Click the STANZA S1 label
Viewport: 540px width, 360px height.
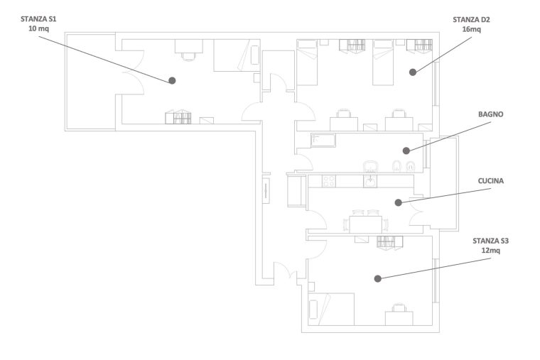click(38, 19)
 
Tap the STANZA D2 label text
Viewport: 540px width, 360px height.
click(471, 20)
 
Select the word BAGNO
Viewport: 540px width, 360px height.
click(491, 114)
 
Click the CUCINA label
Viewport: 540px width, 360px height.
click(491, 181)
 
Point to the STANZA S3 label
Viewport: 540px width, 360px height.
click(490, 241)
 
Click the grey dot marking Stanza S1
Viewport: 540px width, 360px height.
click(172, 80)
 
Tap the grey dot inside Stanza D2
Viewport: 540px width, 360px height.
click(413, 72)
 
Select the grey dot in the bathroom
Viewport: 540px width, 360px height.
click(406, 151)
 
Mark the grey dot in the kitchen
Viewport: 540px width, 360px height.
click(399, 202)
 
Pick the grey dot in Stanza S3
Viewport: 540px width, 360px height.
click(378, 279)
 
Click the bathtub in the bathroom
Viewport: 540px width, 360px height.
click(323, 141)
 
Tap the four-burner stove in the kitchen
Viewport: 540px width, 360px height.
click(328, 181)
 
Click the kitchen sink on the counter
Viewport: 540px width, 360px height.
click(370, 181)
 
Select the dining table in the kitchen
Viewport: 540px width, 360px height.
click(365, 224)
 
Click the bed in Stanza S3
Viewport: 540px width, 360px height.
click(331, 309)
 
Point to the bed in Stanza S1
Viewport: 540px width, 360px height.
click(237, 55)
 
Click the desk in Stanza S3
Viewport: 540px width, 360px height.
click(399, 318)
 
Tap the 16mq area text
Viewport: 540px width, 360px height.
click(472, 29)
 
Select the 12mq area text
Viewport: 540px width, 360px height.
click(490, 251)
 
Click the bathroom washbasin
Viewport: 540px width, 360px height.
click(370, 167)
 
